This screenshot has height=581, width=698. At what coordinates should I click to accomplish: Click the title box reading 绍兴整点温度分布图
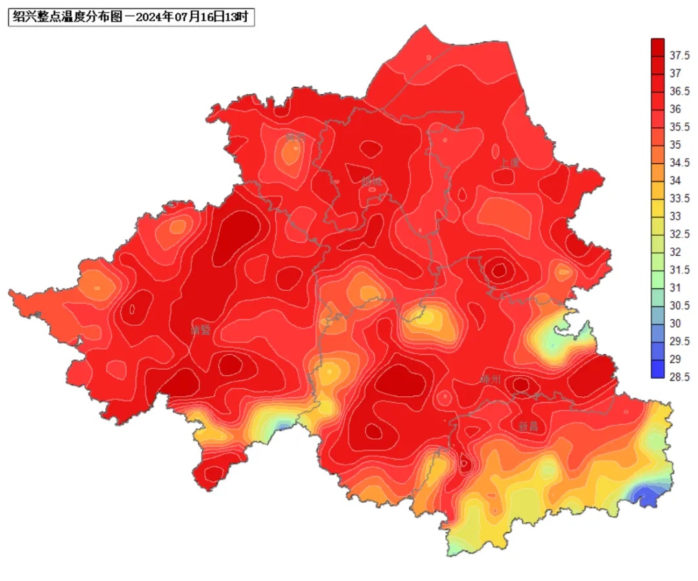(x=131, y=17)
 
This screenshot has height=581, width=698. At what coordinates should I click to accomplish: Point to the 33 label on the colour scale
(x=675, y=216)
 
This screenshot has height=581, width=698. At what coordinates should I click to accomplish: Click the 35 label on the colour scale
(x=675, y=145)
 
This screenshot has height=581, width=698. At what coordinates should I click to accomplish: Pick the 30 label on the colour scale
(x=675, y=323)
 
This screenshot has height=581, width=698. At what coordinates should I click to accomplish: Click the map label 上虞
(x=509, y=164)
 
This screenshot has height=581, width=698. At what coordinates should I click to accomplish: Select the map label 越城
(x=372, y=182)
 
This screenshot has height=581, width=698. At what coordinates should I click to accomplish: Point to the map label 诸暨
(x=201, y=330)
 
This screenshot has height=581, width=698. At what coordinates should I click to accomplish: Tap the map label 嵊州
(x=491, y=379)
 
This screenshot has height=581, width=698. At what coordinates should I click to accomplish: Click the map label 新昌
(x=528, y=427)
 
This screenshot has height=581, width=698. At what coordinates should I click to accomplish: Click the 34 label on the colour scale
(x=675, y=180)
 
